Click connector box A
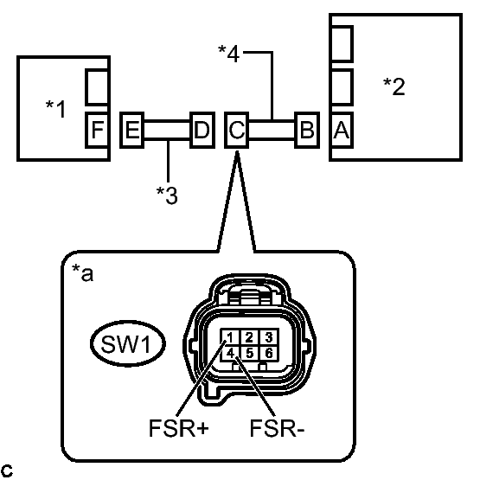tap(342, 130)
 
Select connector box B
tap(307, 130)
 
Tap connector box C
tap(237, 130)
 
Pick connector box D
tap(202, 130)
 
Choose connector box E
tap(132, 130)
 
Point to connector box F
tap(97, 130)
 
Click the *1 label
tap(55, 109)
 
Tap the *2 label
tap(394, 86)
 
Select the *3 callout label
tap(167, 195)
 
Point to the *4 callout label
tap(229, 54)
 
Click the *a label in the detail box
tap(83, 272)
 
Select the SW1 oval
tap(128, 343)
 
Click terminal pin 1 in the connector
tap(230, 337)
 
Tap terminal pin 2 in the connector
tap(249, 337)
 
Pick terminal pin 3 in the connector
tap(269, 337)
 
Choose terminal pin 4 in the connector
tap(230, 353)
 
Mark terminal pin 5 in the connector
tap(249, 353)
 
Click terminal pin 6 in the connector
tap(269, 353)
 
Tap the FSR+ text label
tap(179, 427)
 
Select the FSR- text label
tap(277, 427)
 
